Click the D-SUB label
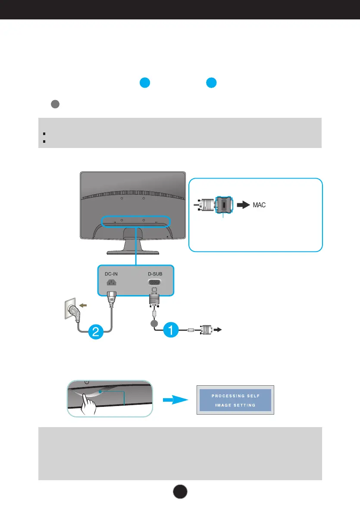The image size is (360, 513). pyautogui.click(x=155, y=274)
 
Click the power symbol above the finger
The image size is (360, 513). pyautogui.click(x=87, y=382)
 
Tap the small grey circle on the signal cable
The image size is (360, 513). pyautogui.click(x=154, y=324)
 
